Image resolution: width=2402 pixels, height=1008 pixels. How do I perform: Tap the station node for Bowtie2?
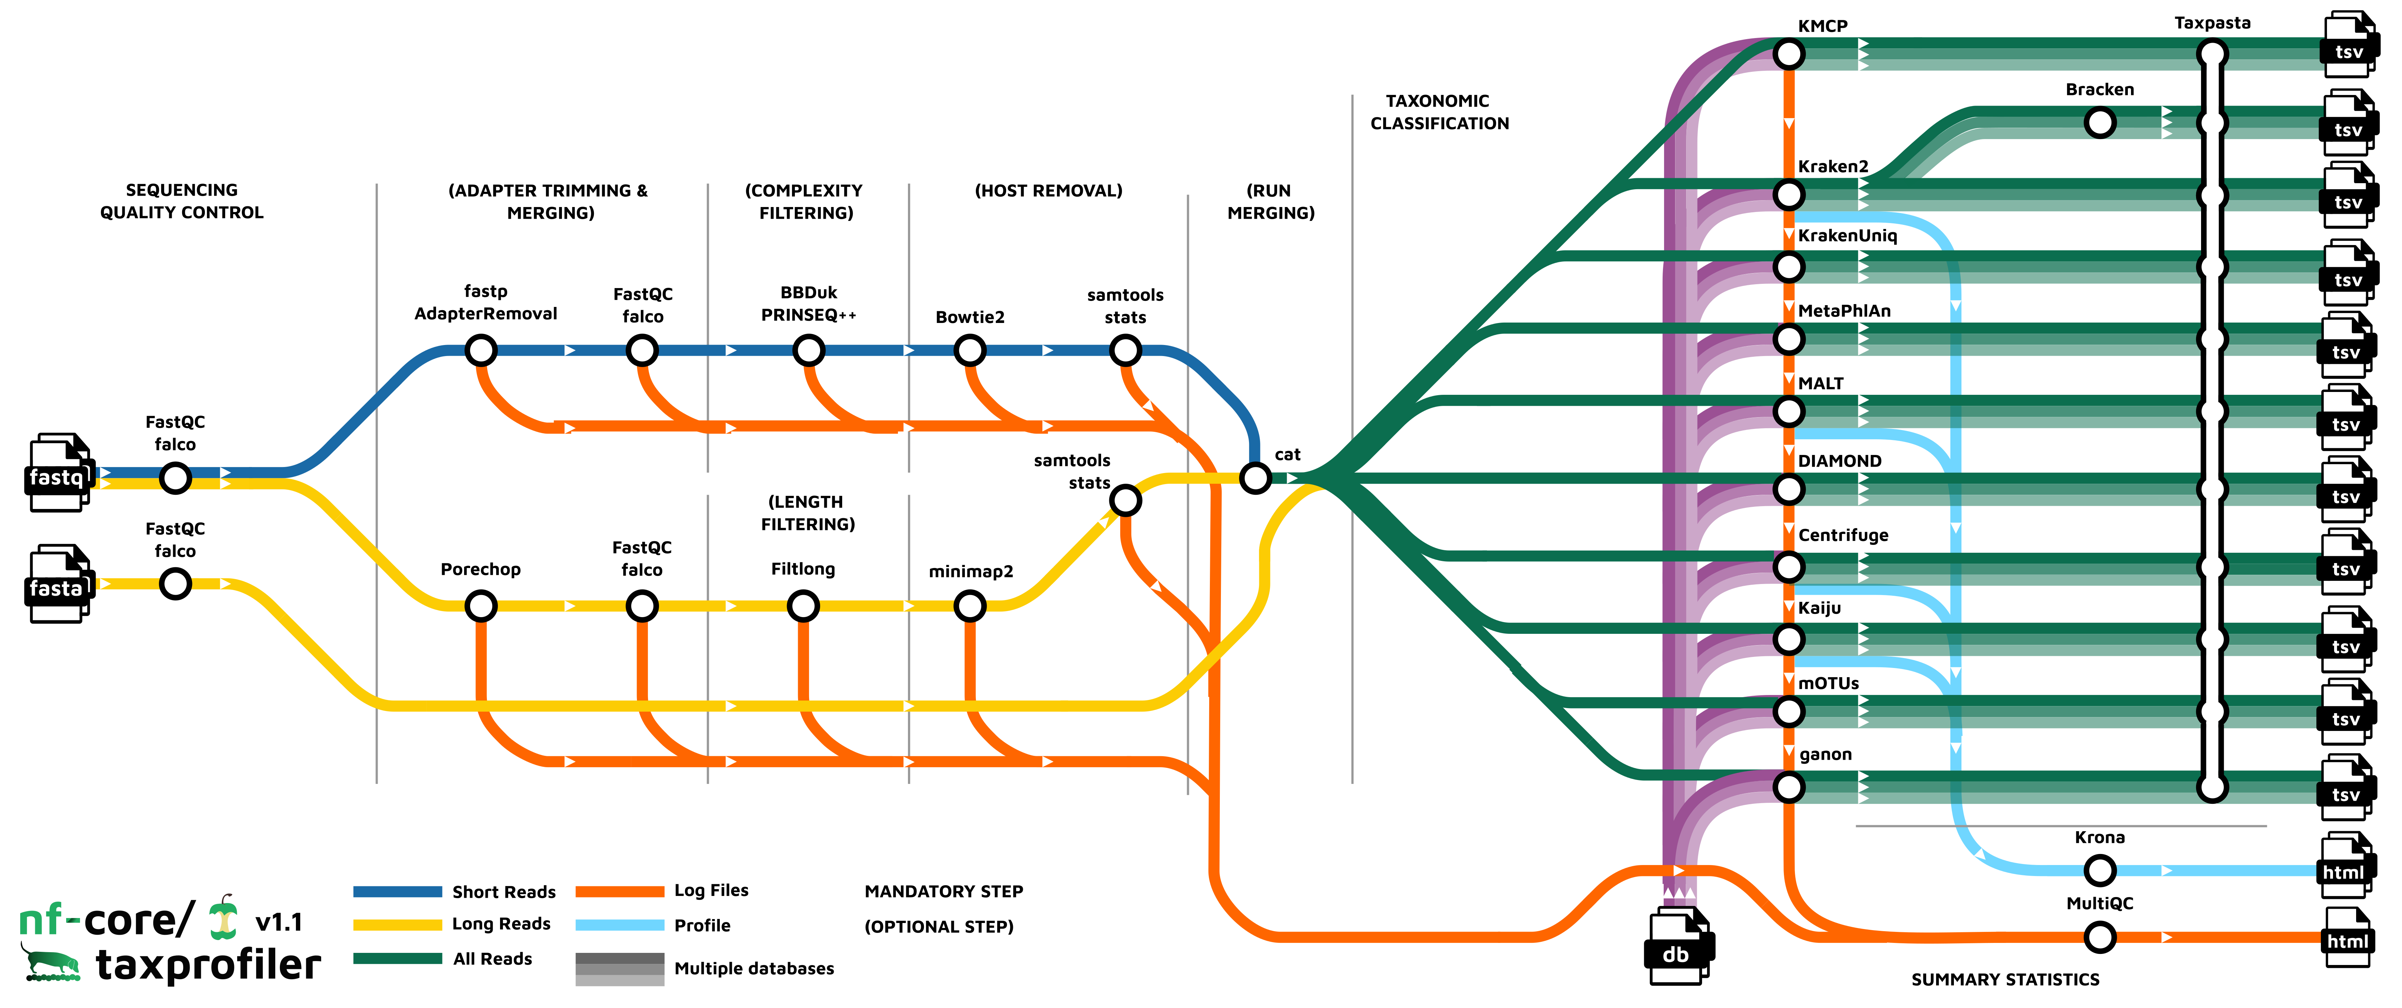point(970,351)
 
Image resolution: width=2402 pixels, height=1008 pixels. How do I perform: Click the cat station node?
point(1255,478)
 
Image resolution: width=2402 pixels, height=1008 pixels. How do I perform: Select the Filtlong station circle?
point(803,606)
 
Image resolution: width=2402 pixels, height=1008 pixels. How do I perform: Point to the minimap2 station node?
point(970,606)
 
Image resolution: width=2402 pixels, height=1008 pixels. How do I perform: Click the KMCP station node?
point(1789,54)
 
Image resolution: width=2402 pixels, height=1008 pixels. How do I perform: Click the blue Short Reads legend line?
point(397,891)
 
